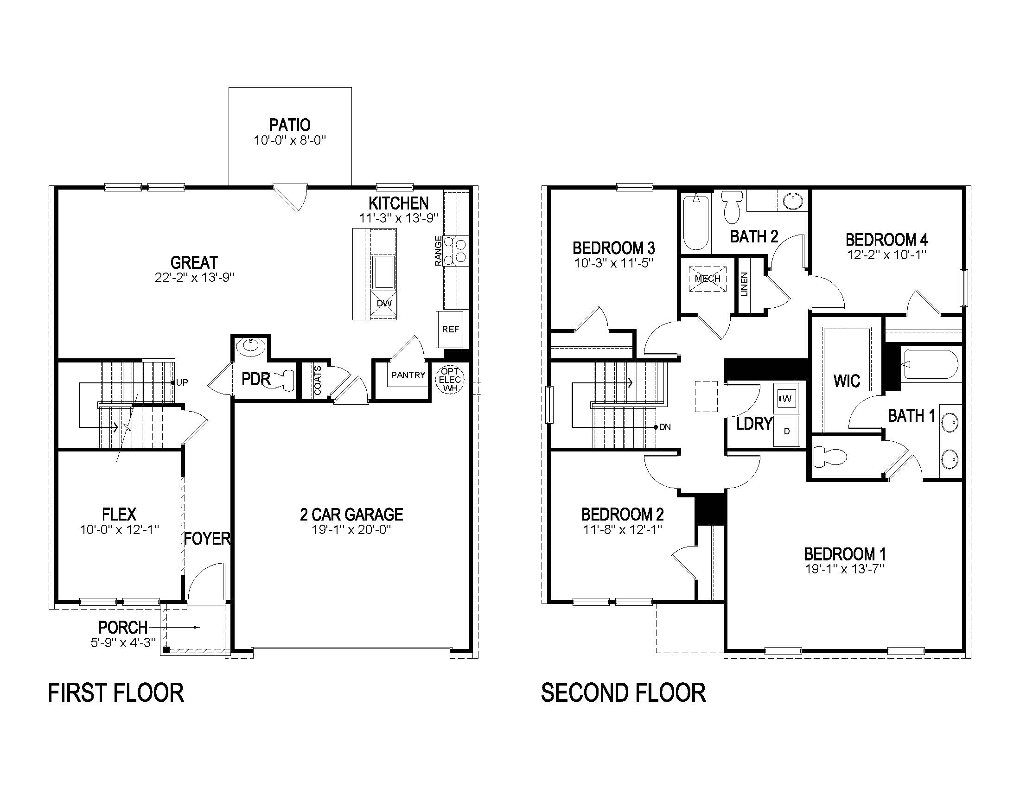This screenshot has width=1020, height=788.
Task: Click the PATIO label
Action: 290,125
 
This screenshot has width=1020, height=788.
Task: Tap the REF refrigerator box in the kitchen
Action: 450,329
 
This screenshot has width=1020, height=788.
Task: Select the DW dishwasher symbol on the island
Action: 384,304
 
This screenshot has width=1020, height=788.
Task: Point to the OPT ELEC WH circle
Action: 450,380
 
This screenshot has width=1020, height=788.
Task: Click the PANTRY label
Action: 408,375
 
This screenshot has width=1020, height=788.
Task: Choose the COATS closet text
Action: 318,381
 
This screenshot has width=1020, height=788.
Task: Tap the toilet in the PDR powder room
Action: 284,380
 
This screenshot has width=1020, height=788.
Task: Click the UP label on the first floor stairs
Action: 182,382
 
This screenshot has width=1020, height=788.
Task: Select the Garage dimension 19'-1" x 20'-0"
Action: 351,529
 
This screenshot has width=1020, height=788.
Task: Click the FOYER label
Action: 207,539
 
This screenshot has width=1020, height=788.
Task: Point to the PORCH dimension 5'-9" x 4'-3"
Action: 123,642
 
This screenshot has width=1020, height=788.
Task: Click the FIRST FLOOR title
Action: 116,693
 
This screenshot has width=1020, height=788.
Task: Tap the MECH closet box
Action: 708,279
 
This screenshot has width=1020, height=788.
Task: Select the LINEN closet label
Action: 745,284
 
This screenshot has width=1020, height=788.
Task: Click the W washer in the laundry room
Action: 786,399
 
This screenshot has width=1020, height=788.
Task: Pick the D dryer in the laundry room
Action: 786,432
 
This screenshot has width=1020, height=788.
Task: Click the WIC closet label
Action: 847,381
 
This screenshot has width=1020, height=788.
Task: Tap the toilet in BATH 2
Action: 732,208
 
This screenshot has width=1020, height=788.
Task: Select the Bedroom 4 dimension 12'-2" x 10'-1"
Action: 886,255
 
